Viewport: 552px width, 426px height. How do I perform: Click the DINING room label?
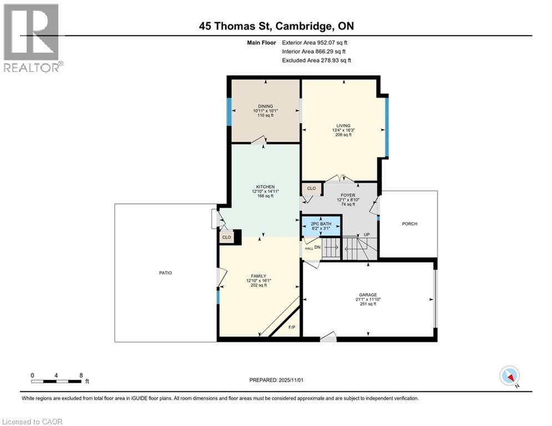tap(265, 106)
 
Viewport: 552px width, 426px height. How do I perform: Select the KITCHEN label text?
tap(265, 186)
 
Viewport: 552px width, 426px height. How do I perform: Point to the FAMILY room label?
tap(259, 276)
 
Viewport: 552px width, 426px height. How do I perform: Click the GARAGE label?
tap(367, 295)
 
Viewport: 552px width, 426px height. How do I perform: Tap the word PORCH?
tap(409, 224)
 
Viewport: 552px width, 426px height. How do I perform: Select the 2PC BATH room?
tap(321, 226)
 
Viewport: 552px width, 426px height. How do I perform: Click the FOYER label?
tap(348, 195)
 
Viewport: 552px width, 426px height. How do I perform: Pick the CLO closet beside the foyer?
tap(311, 189)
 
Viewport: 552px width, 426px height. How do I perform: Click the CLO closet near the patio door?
tap(226, 237)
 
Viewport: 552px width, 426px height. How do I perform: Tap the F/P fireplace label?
tap(293, 327)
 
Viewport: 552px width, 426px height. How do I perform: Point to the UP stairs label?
tap(367, 235)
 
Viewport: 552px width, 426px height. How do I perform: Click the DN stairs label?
tap(317, 247)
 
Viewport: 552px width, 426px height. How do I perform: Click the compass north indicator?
tap(509, 376)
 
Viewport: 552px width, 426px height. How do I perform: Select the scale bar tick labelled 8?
tap(81, 376)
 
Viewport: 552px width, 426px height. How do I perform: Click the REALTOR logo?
tap(32, 38)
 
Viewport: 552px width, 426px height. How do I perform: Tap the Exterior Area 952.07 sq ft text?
tap(315, 42)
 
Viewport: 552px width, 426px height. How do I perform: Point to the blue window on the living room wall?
tap(387, 126)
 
